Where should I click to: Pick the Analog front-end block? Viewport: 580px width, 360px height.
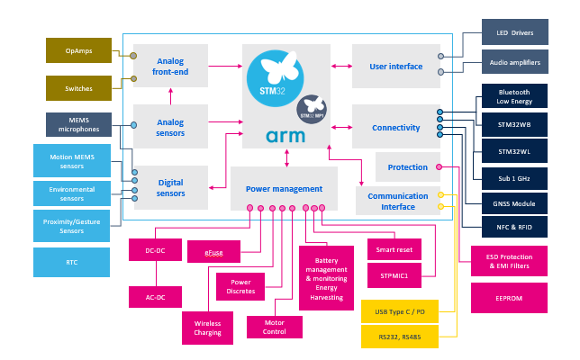pyautogui.click(x=170, y=66)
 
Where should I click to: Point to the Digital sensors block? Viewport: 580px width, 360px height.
pyautogui.click(x=170, y=187)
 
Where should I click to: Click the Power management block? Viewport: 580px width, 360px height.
pyautogui.click(x=284, y=189)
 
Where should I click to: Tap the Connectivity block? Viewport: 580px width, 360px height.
pyautogui.click(x=396, y=127)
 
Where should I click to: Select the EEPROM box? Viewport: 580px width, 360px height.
pyautogui.click(x=509, y=298)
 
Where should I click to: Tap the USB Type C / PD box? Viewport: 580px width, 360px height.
pyautogui.click(x=399, y=312)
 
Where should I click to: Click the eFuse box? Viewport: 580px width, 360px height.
pyautogui.click(x=213, y=252)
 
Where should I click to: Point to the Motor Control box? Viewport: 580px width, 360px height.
pyautogui.click(x=274, y=327)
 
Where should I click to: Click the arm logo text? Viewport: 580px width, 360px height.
pyautogui.click(x=286, y=136)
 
